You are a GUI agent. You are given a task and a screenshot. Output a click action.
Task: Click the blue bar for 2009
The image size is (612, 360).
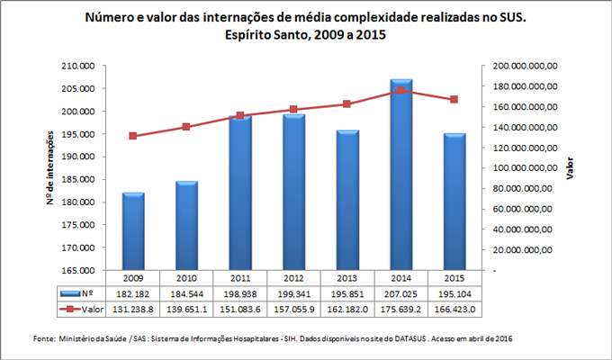click(x=133, y=230)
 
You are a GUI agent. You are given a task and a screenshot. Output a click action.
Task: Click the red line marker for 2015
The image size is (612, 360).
click(x=454, y=99)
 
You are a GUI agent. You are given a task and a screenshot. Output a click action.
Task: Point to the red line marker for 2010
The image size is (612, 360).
click(x=186, y=127)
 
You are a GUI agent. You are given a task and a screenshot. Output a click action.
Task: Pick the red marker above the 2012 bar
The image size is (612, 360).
click(x=293, y=110)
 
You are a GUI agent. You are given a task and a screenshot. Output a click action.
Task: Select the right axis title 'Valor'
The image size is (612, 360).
click(x=569, y=168)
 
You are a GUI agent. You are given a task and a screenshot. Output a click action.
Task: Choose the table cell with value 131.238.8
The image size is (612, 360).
click(x=133, y=309)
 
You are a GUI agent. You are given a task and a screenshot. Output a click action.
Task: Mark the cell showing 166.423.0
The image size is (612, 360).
click(x=454, y=309)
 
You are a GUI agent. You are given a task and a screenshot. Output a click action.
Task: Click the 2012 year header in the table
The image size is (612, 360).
click(x=293, y=278)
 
